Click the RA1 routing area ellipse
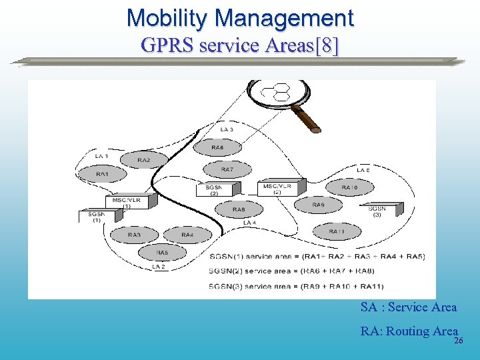[x=102, y=175]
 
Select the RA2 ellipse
[x=144, y=160]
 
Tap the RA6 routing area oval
[x=217, y=147]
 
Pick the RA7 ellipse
[x=227, y=170]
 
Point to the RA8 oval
[x=238, y=210]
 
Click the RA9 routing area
[x=318, y=205]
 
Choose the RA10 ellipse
[x=349, y=188]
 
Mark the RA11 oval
[x=337, y=232]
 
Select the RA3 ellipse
[x=134, y=235]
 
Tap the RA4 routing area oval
[x=187, y=235]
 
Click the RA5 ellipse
[x=162, y=253]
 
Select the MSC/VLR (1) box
[x=125, y=202]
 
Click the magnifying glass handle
[x=306, y=118]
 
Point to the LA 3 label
[x=227, y=129]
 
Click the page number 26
[x=458, y=341]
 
